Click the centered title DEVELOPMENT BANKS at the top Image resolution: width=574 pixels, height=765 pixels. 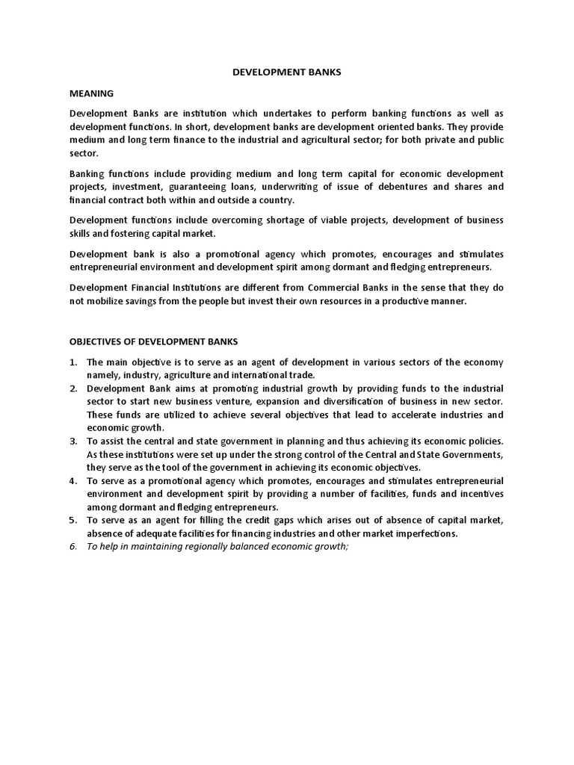pyautogui.click(x=287, y=73)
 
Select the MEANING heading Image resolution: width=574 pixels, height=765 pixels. pyautogui.click(x=91, y=93)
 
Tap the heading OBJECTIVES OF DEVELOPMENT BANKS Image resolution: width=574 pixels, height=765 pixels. pyautogui.click(x=154, y=341)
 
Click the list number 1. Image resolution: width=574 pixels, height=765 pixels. pyautogui.click(x=73, y=362)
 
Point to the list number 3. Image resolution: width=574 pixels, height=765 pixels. pyautogui.click(x=73, y=441)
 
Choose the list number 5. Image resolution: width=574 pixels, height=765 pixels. pyautogui.click(x=73, y=520)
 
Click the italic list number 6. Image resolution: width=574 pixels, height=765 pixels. pyautogui.click(x=73, y=547)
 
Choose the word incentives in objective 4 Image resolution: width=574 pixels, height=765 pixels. pyautogui.click(x=478, y=494)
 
